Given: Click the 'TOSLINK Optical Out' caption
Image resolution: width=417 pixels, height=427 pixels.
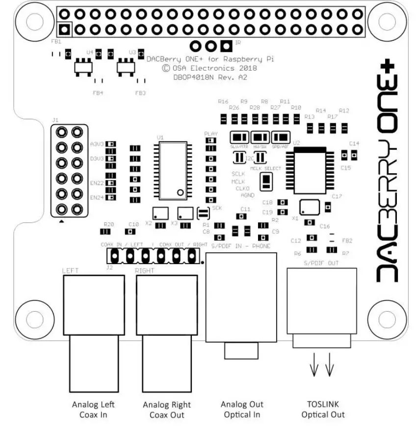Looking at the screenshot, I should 323,409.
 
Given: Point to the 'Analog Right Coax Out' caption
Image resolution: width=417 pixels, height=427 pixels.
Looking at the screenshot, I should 167,410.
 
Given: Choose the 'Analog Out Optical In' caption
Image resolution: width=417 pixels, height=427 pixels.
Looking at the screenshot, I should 241,409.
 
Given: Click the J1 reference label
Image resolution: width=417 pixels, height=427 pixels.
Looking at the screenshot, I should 55,119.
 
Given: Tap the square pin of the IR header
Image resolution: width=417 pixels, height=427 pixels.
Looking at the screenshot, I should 226,46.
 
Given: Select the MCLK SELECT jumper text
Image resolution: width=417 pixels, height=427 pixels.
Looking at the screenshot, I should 266,168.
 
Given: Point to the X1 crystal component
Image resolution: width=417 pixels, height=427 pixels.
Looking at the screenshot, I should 310,207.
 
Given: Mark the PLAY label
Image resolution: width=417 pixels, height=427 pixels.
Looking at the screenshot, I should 210,133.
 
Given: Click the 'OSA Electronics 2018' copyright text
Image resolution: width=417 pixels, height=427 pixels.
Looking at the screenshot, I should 210,68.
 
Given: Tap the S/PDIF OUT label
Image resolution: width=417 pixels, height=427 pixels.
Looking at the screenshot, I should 321,264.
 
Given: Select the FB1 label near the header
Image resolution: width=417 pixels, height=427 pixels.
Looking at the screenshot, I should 56,42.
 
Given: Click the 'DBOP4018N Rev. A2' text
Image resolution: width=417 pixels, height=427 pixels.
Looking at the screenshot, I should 210,77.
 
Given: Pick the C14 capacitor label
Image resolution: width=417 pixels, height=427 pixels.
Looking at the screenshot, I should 354,143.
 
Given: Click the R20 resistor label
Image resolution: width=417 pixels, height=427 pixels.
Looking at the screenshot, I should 109,224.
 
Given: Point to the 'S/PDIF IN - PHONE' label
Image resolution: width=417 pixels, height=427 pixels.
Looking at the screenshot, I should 240,246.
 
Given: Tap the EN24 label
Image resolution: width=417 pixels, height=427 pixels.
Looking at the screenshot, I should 97,197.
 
